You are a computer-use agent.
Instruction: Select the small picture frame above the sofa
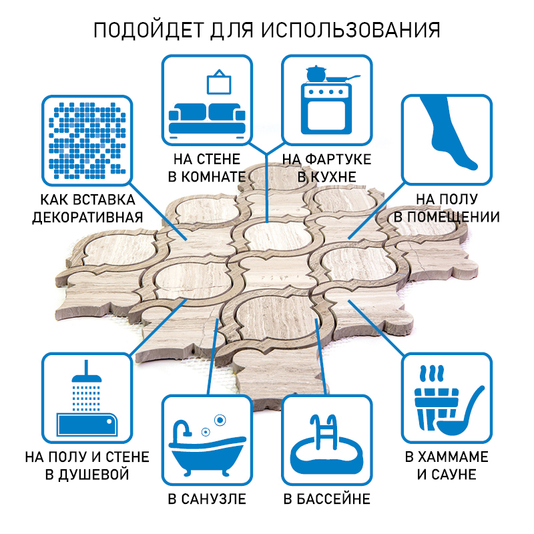coord(218,82)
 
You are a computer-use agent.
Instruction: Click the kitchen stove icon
coord(327,107)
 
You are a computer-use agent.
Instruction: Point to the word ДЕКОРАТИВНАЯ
coord(88,217)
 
